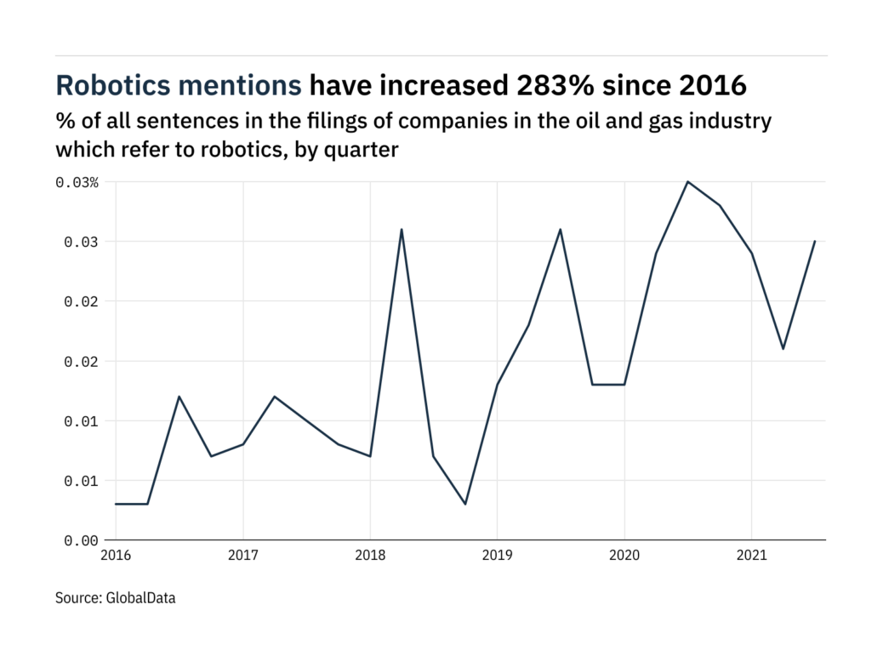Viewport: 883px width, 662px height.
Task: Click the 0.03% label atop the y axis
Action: click(x=78, y=182)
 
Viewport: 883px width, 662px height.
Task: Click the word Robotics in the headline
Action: click(x=111, y=86)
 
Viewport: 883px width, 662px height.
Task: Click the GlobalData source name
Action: click(x=140, y=598)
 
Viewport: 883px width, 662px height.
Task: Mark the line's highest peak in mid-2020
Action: click(x=687, y=181)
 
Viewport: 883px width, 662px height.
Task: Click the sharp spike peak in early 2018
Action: click(x=402, y=229)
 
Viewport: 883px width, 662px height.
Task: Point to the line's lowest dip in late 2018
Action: click(x=465, y=504)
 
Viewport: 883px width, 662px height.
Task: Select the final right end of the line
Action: click(x=814, y=241)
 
